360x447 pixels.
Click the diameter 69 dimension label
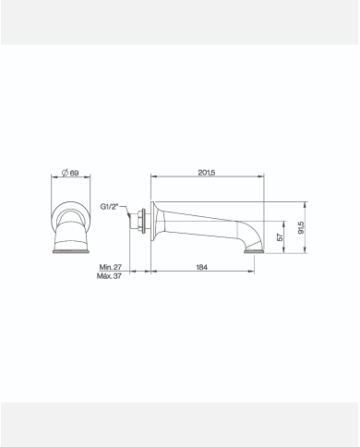coord(70,173)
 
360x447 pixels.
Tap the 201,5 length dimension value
coord(207,173)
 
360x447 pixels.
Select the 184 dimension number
coord(202,267)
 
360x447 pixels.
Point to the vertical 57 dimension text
coord(280,237)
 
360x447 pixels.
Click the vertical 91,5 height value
coord(301,227)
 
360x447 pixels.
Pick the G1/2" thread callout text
coord(109,206)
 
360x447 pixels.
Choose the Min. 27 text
coord(111,267)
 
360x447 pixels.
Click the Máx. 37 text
coord(109,276)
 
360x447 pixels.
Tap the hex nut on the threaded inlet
coord(142,221)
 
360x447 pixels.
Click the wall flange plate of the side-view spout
coord(152,221)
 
